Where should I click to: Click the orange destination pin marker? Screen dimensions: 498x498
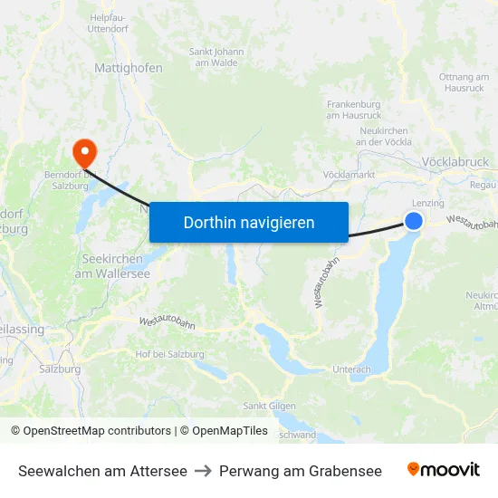pos(84,151)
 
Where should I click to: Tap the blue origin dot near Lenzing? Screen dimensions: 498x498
pos(414,221)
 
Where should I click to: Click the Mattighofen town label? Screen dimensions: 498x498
pos(129,67)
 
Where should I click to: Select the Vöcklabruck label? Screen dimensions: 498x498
pos(455,162)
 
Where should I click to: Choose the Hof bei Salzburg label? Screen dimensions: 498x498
pos(169,354)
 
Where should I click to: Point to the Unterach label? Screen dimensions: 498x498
pos(351,369)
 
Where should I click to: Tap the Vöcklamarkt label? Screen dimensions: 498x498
pos(349,174)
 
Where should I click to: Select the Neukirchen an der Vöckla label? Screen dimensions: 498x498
pos(384,136)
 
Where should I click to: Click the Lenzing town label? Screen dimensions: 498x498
pos(427,203)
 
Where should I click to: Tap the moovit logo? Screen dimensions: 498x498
pos(444,470)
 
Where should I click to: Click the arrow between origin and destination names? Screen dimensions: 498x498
pos(203,471)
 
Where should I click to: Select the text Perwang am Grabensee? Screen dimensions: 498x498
pos(301,471)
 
